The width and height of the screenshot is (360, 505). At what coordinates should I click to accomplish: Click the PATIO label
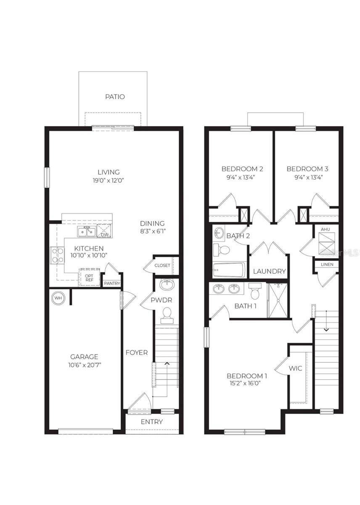(x=115, y=97)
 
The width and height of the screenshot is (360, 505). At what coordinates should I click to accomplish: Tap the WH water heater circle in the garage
(x=58, y=298)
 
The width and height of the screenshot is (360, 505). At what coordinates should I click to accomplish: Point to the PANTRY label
(x=112, y=283)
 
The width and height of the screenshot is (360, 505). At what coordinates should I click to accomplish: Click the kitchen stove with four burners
(x=58, y=255)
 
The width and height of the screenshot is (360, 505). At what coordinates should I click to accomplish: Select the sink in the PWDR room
(x=167, y=284)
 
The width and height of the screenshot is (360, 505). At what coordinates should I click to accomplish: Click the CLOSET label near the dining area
(x=162, y=266)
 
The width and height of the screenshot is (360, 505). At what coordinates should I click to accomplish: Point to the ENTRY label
(x=152, y=422)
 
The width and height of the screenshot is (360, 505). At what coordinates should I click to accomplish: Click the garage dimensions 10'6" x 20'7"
(x=84, y=365)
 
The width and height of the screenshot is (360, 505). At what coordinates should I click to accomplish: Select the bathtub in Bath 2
(x=229, y=270)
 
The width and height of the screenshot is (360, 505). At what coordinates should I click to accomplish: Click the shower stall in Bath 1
(x=278, y=300)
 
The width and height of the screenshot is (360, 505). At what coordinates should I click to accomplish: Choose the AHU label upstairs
(x=326, y=229)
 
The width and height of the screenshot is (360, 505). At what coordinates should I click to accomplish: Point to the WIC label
(x=295, y=368)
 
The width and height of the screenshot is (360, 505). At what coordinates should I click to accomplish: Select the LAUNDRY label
(x=270, y=271)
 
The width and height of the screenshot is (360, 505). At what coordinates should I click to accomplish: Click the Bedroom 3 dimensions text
(x=307, y=177)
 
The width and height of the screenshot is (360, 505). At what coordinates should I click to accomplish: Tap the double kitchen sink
(x=86, y=231)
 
